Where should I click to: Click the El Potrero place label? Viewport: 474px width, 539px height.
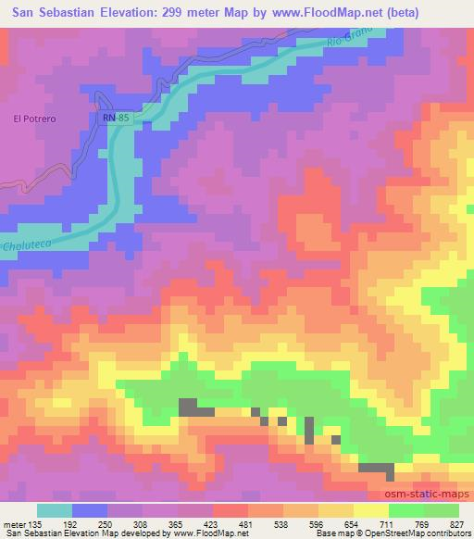[x=34, y=119]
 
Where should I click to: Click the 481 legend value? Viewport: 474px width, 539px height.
[x=245, y=523]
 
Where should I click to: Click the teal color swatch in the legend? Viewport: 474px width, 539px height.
[x=55, y=510]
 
